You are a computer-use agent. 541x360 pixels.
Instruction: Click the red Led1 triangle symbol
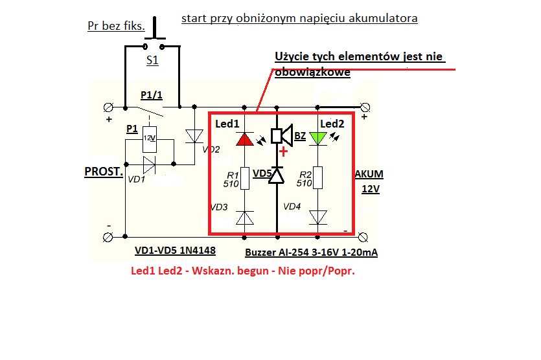pos(245,139)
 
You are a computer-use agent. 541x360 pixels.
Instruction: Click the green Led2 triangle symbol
pos(317,139)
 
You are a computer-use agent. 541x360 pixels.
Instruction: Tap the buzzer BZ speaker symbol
pos(282,135)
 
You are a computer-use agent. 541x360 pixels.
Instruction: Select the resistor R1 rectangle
pos(245,178)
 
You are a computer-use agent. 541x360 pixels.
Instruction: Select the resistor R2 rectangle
pos(317,177)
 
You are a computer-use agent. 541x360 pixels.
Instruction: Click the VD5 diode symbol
pos(277,175)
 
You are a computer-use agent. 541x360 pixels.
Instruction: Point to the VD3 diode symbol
pos(245,218)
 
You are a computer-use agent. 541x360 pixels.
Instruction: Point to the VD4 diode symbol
pos(317,218)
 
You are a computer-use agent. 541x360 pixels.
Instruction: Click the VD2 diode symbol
pos(194,136)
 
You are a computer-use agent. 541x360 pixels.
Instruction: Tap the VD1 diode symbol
pos(149,164)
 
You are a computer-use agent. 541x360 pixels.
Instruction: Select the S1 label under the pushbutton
pos(152,60)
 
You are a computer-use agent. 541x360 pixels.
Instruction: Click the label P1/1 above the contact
pos(152,95)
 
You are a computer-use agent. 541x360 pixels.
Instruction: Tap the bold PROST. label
pos(104,172)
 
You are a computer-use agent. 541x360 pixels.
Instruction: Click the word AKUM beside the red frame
pos(369,174)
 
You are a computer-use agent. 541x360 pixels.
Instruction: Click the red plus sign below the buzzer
pos(283,152)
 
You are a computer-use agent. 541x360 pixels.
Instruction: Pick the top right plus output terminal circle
pos(365,107)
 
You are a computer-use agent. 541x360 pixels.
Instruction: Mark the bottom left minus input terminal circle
pos(108,237)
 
